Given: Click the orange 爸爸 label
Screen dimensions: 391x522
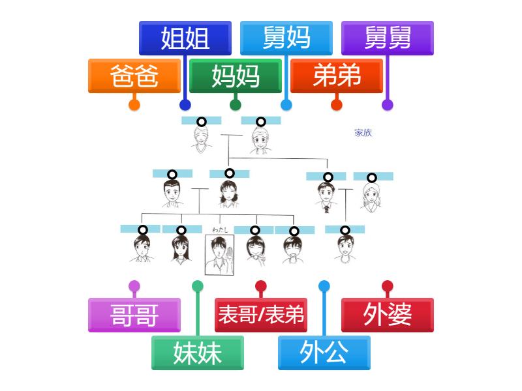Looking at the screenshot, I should pos(134,76).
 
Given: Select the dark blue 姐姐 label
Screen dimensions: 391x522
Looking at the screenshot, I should pos(185,38).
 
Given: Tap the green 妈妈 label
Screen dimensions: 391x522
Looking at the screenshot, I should pos(236,76).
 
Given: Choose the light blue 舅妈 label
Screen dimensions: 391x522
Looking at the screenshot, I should pos(286,38).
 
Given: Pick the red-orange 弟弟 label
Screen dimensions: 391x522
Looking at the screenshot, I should pos(337,76).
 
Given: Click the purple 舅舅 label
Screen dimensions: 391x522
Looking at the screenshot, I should pos(388,38).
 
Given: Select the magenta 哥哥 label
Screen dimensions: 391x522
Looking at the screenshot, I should pos(134,315).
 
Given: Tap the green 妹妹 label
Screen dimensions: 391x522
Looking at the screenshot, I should pos(198,353).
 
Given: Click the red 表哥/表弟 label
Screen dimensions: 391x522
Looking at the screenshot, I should pos(261,315).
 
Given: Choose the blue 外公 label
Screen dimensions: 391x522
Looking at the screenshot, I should pos(324,353).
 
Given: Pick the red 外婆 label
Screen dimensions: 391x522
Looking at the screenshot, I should pos(388,315).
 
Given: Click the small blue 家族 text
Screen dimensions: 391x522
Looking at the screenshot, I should pos(363,133).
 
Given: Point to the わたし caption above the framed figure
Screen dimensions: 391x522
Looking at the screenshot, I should pos(219,229).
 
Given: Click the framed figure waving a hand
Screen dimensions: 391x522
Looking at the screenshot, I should pos(219,255).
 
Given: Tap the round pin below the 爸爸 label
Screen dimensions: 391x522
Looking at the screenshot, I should pos(134,104).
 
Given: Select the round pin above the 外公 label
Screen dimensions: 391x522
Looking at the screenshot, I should pos(324,286).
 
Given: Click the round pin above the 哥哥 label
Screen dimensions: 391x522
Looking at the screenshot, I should pos(134,286).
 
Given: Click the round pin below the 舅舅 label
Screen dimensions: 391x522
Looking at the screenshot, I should pos(388,104).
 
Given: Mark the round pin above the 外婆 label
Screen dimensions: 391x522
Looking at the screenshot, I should pos(388,286).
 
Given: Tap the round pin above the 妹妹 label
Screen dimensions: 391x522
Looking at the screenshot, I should pos(198,286).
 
